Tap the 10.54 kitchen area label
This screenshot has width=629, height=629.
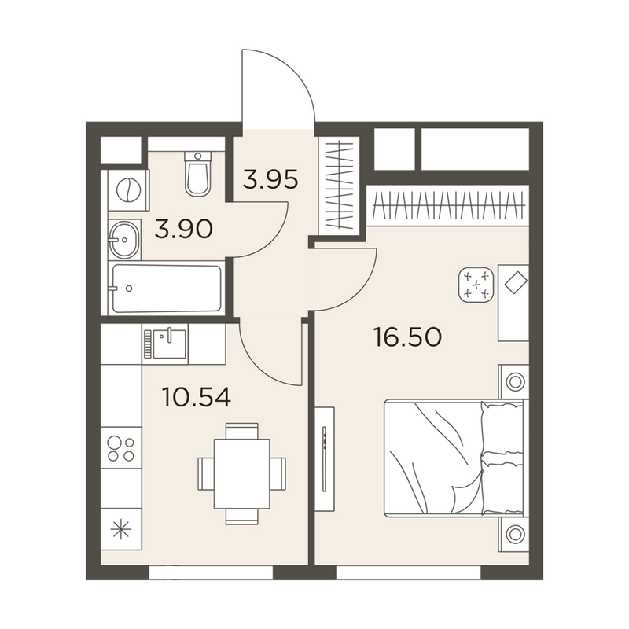197,398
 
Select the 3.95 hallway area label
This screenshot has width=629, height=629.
270,179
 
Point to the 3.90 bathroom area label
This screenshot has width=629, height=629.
184,230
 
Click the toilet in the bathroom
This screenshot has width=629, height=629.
198,174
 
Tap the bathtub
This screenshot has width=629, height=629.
167,287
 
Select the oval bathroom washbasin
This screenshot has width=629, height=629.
124,240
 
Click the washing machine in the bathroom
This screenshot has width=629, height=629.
129,189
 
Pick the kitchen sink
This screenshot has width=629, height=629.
165,344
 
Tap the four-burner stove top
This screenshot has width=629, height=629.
121,448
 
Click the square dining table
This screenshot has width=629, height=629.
241,474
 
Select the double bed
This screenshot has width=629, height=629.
456,458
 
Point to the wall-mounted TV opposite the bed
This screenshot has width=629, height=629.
325,459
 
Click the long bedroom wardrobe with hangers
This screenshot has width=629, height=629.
448,205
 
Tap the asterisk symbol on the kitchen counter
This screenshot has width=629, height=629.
121,530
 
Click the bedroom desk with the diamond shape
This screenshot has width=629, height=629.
513,303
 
